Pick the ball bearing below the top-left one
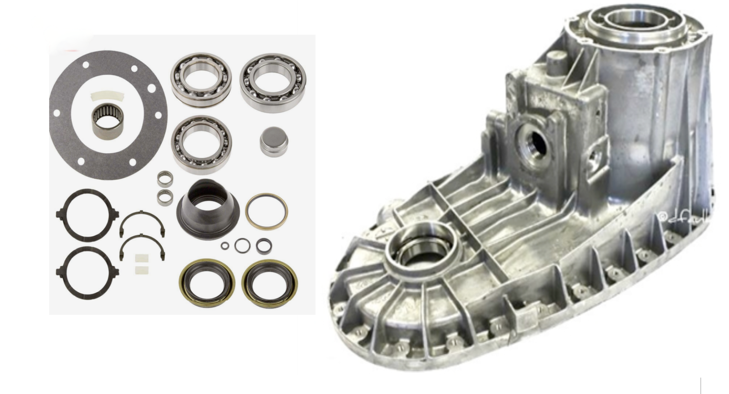pyautogui.click(x=201, y=144)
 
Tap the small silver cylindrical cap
pyautogui.click(x=270, y=141)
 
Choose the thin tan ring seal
pyautogui.click(x=267, y=210)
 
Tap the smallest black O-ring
pyautogui.click(x=225, y=246)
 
